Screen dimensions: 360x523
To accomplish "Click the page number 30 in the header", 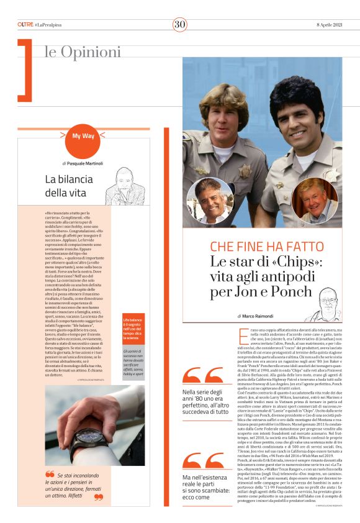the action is pos(179,24).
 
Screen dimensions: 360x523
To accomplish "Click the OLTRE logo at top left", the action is pos(25,24).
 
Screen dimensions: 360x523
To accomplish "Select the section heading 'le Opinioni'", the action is pos(83,52).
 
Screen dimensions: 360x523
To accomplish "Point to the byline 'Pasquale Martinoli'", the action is pos(85,163).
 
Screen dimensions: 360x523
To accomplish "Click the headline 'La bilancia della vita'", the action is pos(65,186).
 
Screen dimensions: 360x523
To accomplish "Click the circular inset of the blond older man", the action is pos(316,200).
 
